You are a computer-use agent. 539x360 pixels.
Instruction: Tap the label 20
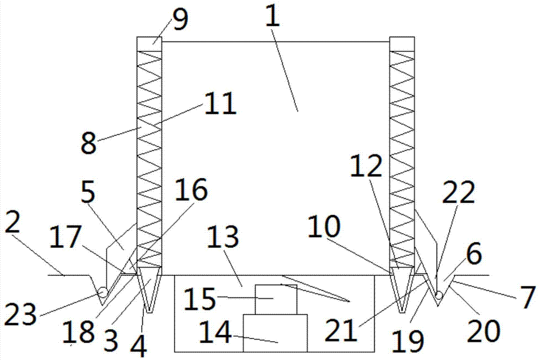point(483,331)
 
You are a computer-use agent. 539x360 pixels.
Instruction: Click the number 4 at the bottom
point(139,345)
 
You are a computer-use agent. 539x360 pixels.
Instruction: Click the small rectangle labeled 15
point(276,299)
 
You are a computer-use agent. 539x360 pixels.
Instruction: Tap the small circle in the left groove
point(101,293)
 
